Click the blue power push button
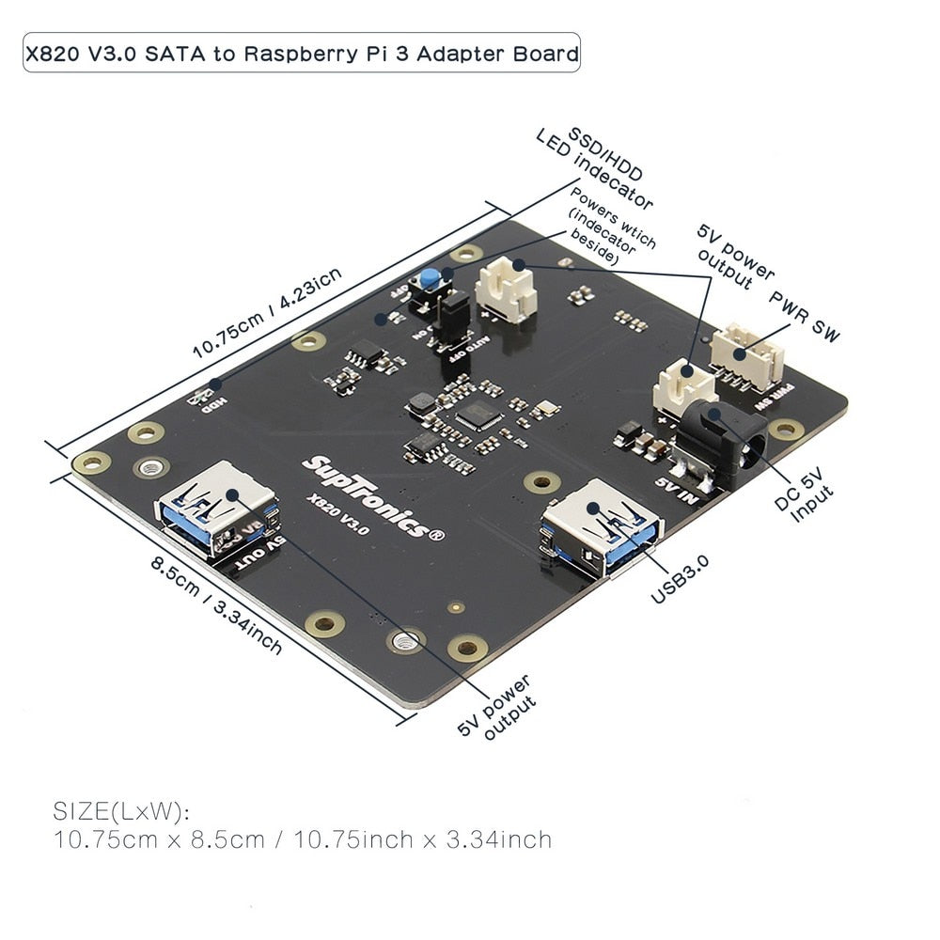pyautogui.click(x=431, y=279)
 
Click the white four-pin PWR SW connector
pyautogui.click(x=747, y=356)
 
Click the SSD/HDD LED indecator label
pyautogui.click(x=594, y=169)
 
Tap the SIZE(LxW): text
pyautogui.click(x=121, y=811)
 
